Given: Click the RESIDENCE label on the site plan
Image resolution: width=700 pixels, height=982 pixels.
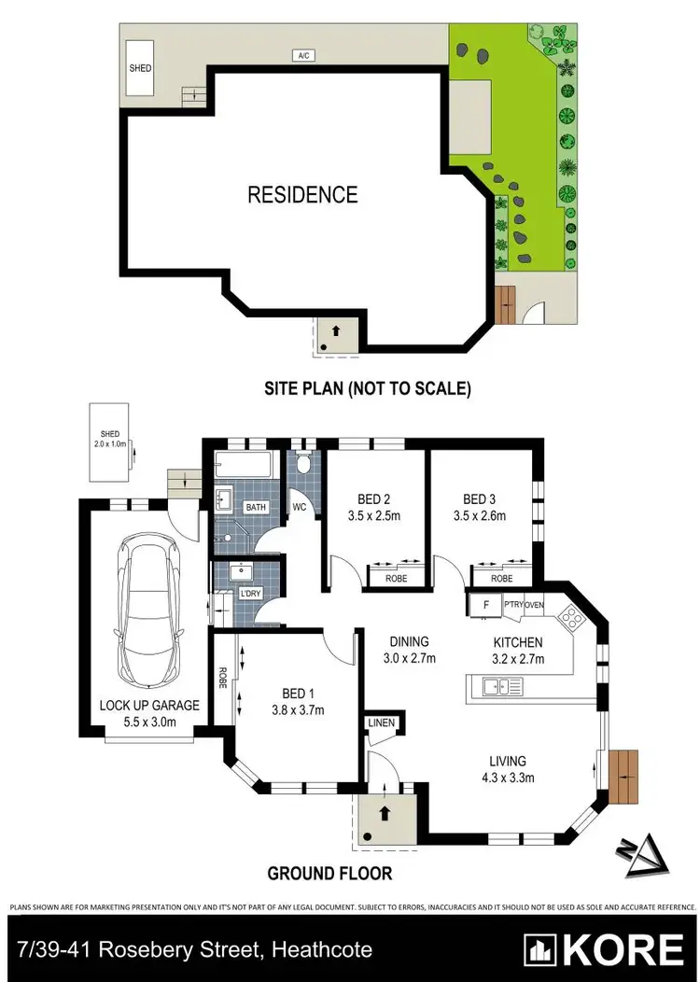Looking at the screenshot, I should [301, 194].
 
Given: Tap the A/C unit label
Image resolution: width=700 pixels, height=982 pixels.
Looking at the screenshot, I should [302, 56].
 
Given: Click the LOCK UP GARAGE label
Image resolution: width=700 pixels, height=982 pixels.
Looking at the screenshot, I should [149, 705].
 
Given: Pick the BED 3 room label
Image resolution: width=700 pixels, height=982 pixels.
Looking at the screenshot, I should [483, 498].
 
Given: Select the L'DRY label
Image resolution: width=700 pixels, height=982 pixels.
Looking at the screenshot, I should [250, 594].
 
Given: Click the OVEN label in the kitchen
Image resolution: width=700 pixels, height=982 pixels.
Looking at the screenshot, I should [535, 605].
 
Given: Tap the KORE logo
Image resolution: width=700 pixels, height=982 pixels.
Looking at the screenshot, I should [603, 949].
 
